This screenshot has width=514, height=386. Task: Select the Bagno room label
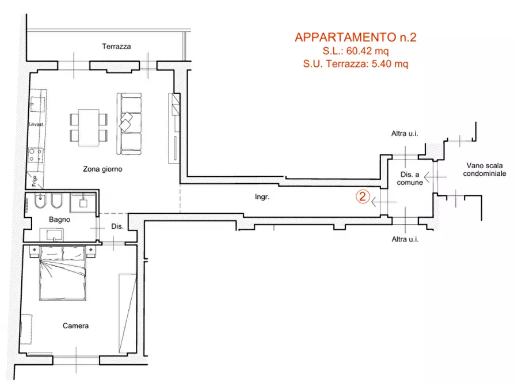(59, 220)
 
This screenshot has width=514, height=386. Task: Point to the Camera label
(75, 326)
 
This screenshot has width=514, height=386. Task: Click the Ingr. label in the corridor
(262, 197)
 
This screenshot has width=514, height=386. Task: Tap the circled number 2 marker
(363, 196)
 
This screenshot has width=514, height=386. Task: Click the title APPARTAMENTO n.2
(355, 38)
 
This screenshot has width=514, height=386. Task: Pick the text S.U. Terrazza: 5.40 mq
(356, 65)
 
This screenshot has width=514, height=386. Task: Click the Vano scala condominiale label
(485, 169)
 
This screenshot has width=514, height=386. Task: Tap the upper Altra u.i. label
(405, 134)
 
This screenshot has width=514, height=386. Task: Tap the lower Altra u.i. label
(405, 239)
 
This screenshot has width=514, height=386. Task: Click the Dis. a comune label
(410, 179)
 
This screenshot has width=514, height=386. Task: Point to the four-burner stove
(35, 155)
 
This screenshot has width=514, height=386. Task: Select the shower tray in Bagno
(83, 203)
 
